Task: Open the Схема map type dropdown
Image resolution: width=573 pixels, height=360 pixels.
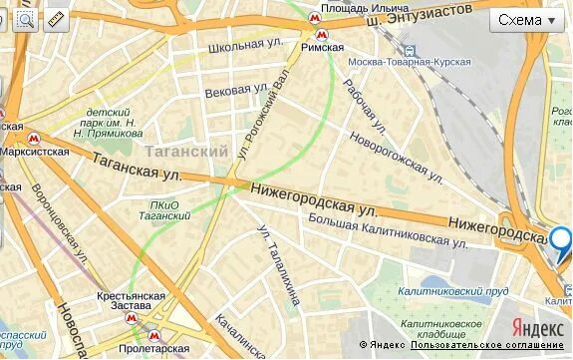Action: tap(527, 20)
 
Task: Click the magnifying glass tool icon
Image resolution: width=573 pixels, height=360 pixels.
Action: tap(25, 19)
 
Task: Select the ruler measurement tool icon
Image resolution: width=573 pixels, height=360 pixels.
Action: tap(55, 19)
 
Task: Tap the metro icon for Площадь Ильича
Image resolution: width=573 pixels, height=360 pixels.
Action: tap(314, 18)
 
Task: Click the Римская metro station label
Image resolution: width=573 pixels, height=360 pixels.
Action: tap(322, 47)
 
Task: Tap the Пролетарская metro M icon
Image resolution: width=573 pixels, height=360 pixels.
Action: tap(152, 335)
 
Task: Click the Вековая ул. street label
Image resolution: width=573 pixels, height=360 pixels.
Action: tap(228, 91)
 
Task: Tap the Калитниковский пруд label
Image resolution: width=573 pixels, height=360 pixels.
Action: tap(454, 290)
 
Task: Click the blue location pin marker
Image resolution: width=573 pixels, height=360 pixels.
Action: tap(561, 240)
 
